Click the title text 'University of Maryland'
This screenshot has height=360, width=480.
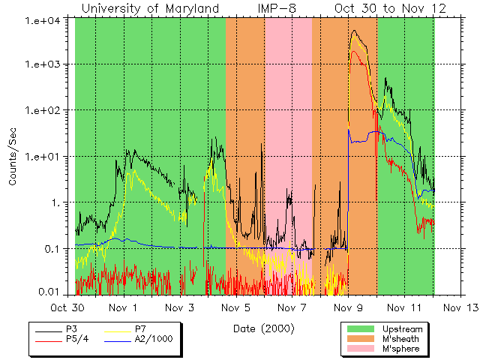click(x=150, y=8)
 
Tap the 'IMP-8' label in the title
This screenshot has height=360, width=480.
click(x=274, y=8)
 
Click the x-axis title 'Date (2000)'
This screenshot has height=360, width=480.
click(x=264, y=328)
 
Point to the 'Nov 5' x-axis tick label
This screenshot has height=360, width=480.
click(x=235, y=307)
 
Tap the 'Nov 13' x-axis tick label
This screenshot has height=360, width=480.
click(x=457, y=307)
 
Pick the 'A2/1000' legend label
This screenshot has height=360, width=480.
click(x=151, y=340)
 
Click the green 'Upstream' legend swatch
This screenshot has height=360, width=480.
click(x=361, y=329)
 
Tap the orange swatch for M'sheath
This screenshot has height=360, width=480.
click(x=361, y=339)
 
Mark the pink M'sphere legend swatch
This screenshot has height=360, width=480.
click(x=361, y=349)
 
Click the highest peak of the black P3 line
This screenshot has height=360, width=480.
click(x=354, y=31)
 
